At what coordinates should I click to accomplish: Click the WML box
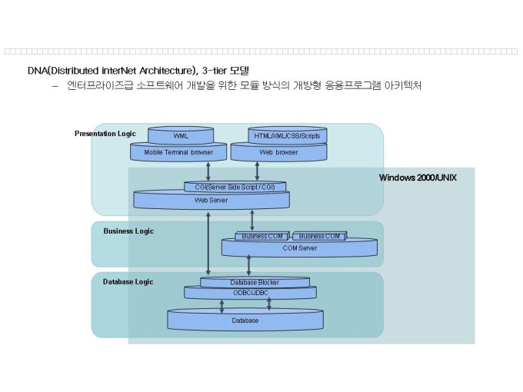click(181, 136)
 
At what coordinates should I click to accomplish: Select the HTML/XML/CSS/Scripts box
click(288, 136)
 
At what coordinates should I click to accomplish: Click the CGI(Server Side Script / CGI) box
click(235, 187)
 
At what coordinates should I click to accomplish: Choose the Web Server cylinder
click(212, 201)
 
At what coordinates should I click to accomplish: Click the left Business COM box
click(261, 236)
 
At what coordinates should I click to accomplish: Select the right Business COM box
click(318, 236)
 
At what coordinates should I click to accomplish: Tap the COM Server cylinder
click(299, 247)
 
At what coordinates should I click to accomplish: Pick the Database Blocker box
click(255, 282)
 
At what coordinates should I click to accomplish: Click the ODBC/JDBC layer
click(250, 292)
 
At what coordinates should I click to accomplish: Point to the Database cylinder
click(245, 320)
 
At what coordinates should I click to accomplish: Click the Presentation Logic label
click(105, 134)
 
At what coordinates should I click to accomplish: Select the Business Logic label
click(128, 231)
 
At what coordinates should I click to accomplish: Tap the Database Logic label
click(128, 282)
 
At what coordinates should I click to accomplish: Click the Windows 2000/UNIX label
click(418, 178)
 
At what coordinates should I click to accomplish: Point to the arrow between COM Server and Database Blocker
click(248, 265)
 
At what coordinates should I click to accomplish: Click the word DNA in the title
click(37, 71)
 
